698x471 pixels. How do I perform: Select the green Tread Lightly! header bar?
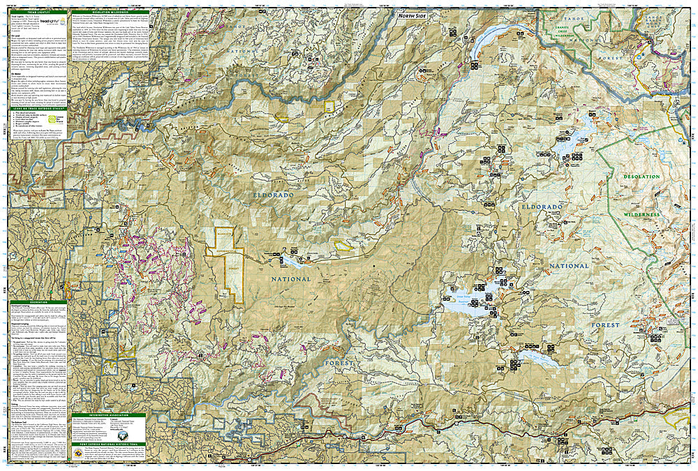tap(39, 13)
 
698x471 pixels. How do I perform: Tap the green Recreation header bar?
tap(39, 303)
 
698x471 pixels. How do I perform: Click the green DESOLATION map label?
tap(641, 177)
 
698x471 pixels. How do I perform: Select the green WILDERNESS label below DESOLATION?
tap(641, 214)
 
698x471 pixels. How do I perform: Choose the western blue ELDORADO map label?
tap(272, 197)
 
